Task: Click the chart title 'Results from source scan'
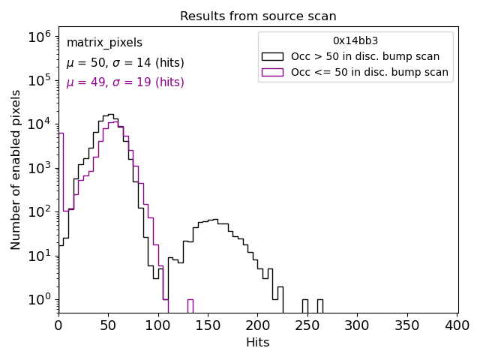(258, 16)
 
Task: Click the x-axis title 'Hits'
(258, 343)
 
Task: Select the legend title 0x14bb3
(355, 41)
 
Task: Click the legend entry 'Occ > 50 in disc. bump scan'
(365, 56)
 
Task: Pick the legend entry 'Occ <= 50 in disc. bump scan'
(369, 72)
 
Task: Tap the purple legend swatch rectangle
(272, 72)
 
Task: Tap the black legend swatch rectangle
(272, 56)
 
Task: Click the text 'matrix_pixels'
(104, 43)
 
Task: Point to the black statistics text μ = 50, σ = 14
(125, 63)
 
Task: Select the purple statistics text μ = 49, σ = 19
(125, 82)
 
